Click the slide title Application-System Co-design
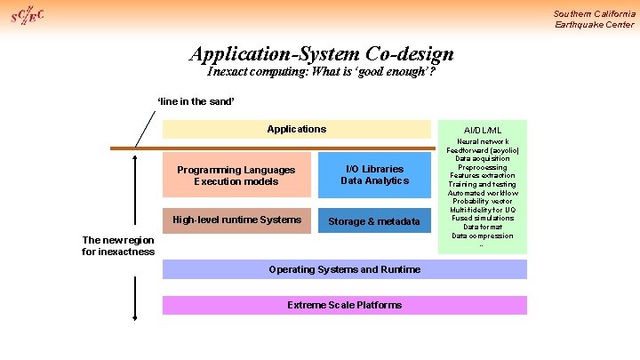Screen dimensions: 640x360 pos(321,53)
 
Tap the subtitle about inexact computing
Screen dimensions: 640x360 pos(321,72)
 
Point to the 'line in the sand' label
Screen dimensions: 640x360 pos(196,101)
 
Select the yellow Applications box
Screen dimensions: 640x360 pos(296,130)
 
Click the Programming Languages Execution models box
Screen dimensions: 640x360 pos(236,175)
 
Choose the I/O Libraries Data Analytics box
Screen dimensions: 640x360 pos(374,175)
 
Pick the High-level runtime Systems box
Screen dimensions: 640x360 pos(236,220)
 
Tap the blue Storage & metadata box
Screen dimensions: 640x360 pos(374,220)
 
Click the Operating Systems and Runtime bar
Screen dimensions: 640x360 pos(344,269)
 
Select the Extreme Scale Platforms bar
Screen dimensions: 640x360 pos(344,305)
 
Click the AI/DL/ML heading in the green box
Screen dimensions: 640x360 pos(483,130)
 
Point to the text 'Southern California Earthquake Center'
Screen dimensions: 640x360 pos(594,19)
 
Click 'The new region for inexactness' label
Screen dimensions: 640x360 pos(117,245)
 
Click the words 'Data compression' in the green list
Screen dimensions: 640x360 pos(483,236)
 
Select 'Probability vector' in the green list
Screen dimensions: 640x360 pos(483,201)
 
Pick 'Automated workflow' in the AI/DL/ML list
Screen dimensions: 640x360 pos(483,193)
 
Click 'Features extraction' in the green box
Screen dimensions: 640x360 pos(483,176)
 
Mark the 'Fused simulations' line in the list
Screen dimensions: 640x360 pos(483,218)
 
